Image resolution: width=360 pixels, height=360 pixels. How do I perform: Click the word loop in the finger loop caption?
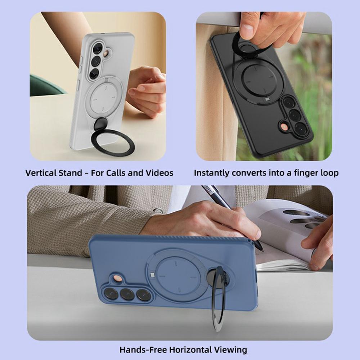pyautogui.click(x=329, y=173)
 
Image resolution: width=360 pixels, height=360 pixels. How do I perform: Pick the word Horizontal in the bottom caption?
pyautogui.click(x=190, y=350)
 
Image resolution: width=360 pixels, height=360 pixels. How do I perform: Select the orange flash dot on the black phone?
pyautogui.click(x=285, y=127)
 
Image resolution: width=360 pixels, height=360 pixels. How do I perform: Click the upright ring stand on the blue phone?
pyautogui.click(x=219, y=299)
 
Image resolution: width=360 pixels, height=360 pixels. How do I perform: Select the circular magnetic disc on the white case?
pyautogui.click(x=104, y=98)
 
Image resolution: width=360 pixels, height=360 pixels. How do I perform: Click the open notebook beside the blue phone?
pyautogui.click(x=284, y=234)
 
